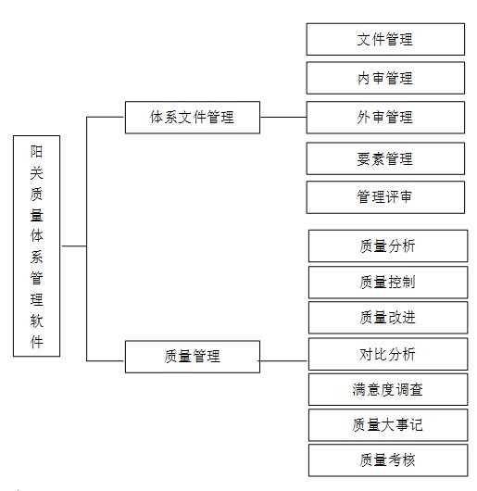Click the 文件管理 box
click(384, 40)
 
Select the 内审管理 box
click(384, 79)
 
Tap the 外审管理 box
click(384, 118)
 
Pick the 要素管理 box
click(384, 158)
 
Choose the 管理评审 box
click(384, 197)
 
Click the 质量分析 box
click(387, 245)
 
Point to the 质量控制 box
click(387, 282)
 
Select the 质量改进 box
click(387, 317)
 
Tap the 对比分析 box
click(387, 354)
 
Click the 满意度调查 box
click(387, 389)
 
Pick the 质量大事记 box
click(387, 424)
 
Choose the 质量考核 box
click(387, 460)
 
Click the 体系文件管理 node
click(192, 118)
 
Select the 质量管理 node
click(192, 356)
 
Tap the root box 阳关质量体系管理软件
click(37, 245)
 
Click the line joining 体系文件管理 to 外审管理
click(282, 118)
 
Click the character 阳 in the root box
click(37, 150)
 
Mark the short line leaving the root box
click(73, 246)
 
